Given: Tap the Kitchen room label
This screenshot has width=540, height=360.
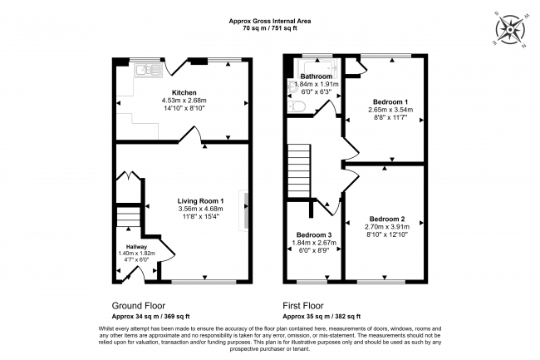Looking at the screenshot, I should (x=184, y=92).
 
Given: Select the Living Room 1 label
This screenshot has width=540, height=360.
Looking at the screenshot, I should (x=201, y=201).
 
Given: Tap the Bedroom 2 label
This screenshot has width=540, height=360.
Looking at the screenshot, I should (x=384, y=220).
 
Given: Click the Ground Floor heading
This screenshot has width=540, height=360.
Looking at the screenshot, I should (x=139, y=305).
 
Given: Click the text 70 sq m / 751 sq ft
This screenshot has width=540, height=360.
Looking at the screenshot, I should (x=269, y=29).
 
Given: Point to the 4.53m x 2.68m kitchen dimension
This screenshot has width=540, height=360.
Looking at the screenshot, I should (x=184, y=101).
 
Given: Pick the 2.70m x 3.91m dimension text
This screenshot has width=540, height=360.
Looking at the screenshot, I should (x=384, y=228).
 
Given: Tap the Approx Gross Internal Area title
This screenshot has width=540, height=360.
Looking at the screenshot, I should (x=269, y=21).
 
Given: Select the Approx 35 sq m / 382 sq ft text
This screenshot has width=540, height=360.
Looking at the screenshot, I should (x=319, y=317).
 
